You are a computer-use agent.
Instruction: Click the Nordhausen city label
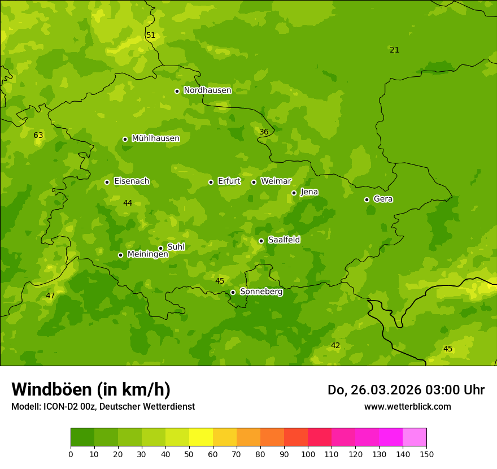click(207, 90)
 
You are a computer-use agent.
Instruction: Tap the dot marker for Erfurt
click(211, 182)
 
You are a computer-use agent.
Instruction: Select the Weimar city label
click(276, 181)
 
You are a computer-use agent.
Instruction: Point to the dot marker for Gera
click(367, 199)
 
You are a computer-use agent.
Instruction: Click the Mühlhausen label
click(155, 138)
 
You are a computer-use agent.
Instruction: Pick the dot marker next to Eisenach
click(107, 182)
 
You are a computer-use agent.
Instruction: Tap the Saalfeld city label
click(284, 240)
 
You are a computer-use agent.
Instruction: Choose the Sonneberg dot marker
click(233, 292)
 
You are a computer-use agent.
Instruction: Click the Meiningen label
click(147, 254)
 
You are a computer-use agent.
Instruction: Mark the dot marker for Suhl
click(160, 248)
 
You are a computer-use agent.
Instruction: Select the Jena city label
click(309, 192)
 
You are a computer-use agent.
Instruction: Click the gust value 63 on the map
click(38, 136)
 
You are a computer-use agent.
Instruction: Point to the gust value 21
click(394, 50)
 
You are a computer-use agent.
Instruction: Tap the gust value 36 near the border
click(264, 132)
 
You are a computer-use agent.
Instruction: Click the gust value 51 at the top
click(151, 36)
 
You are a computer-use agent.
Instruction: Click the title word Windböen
click(51, 389)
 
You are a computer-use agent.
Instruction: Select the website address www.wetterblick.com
click(407, 406)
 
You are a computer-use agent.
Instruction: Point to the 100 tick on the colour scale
click(308, 454)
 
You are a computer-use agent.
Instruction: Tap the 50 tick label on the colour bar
click(189, 454)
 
